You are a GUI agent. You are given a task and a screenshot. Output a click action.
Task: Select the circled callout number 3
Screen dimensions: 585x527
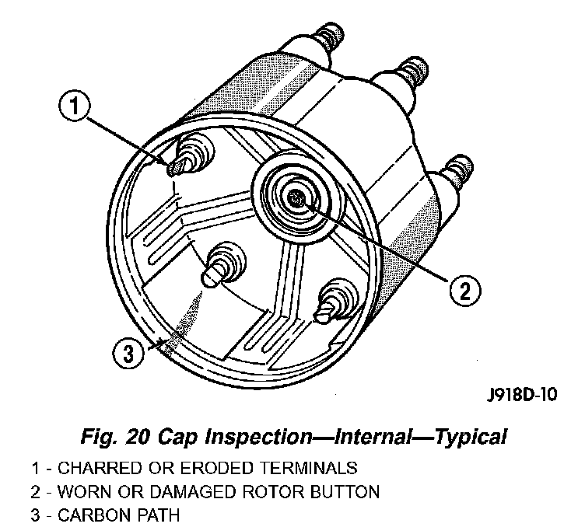point(127,354)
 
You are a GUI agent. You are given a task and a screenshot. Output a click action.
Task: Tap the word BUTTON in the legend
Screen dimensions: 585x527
point(350,492)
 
